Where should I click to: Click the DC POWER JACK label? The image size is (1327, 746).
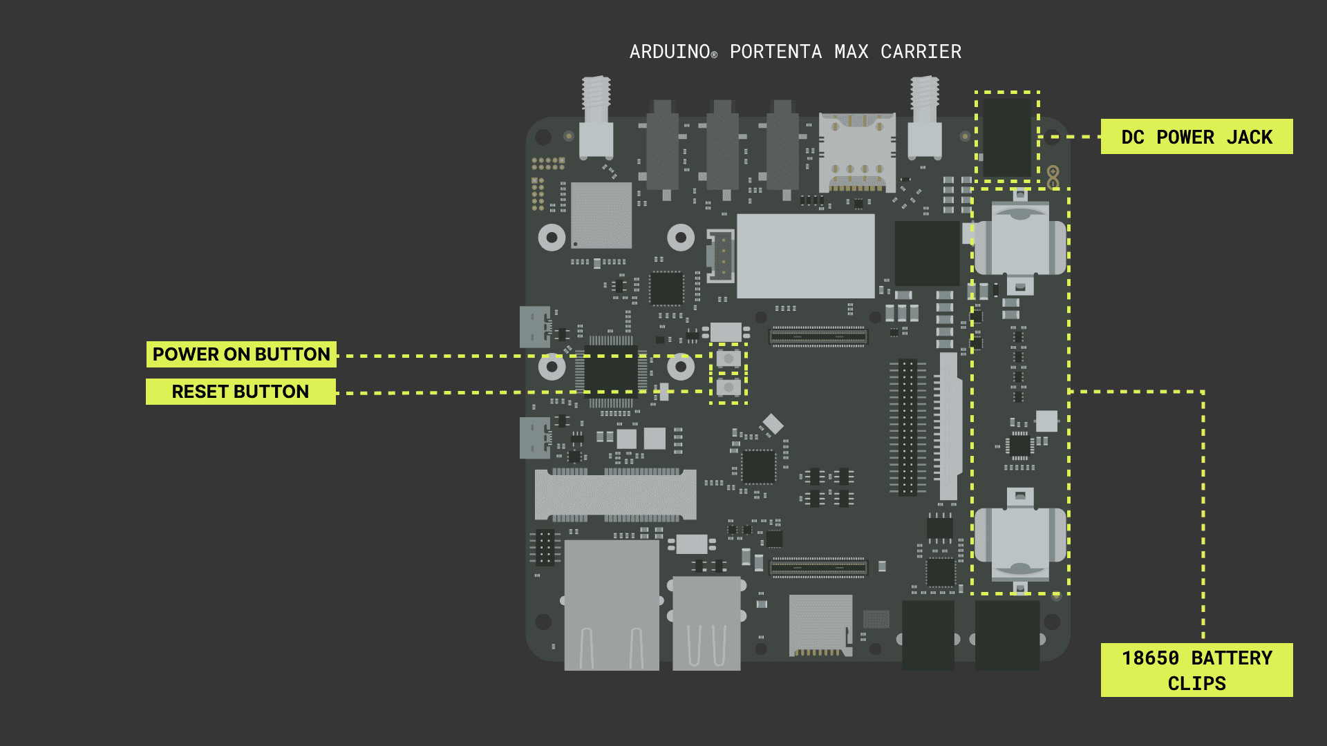click(x=1196, y=137)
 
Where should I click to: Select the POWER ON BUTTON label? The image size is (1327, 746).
click(x=241, y=354)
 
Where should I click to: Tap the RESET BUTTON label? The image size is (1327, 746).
click(x=241, y=392)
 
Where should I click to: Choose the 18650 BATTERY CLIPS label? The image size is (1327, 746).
click(x=1196, y=670)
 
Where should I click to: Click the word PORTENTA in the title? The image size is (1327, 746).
click(x=775, y=52)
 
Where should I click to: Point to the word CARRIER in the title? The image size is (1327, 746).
click(x=921, y=52)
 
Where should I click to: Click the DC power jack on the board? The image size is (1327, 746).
click(x=1007, y=137)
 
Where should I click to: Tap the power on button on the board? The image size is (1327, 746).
click(x=728, y=358)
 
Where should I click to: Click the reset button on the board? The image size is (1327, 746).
click(x=728, y=388)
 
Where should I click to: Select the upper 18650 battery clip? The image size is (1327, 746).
click(x=1019, y=242)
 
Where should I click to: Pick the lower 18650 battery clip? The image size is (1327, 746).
click(x=1019, y=539)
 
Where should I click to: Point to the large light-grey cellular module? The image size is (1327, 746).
click(x=805, y=256)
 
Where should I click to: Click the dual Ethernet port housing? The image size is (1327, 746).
click(x=612, y=604)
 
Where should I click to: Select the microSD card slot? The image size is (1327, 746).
click(x=820, y=625)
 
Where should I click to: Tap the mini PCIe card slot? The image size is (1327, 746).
click(x=615, y=495)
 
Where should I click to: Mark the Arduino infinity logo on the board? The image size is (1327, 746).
click(x=1053, y=177)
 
